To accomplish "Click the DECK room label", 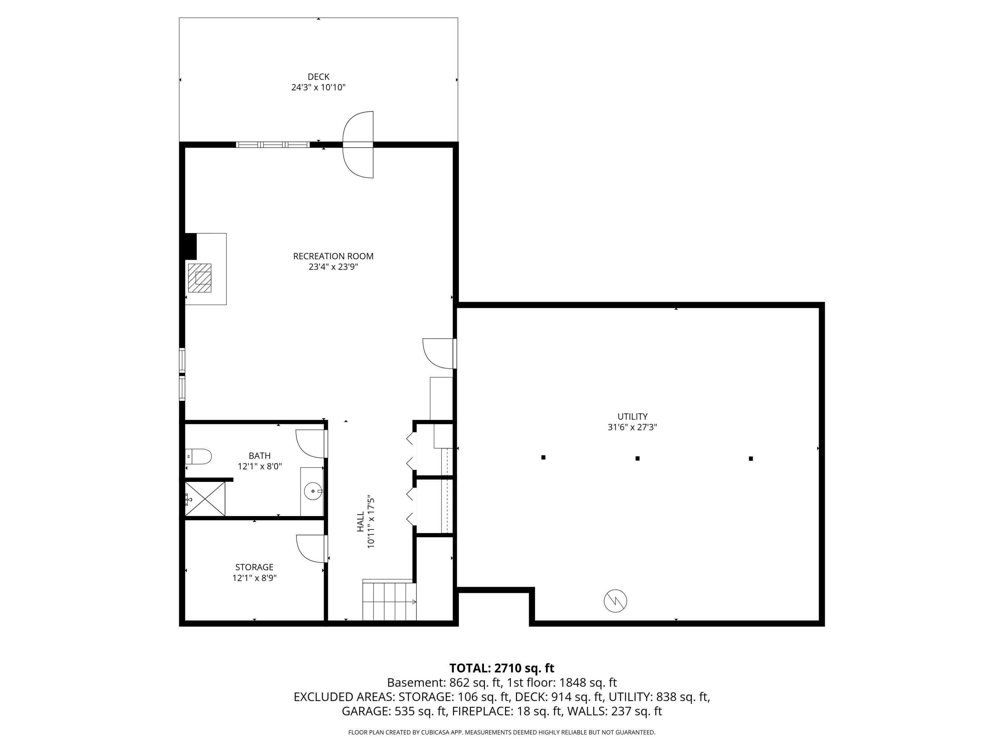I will [x=318, y=77].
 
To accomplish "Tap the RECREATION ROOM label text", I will [x=333, y=256].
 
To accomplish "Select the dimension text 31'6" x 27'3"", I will [x=632, y=427].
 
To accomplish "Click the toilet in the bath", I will [x=199, y=456].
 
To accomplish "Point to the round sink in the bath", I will [x=313, y=491].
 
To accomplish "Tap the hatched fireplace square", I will [x=200, y=278].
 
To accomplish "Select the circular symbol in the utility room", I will [x=615, y=601].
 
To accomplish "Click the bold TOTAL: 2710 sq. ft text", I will [x=502, y=668].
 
